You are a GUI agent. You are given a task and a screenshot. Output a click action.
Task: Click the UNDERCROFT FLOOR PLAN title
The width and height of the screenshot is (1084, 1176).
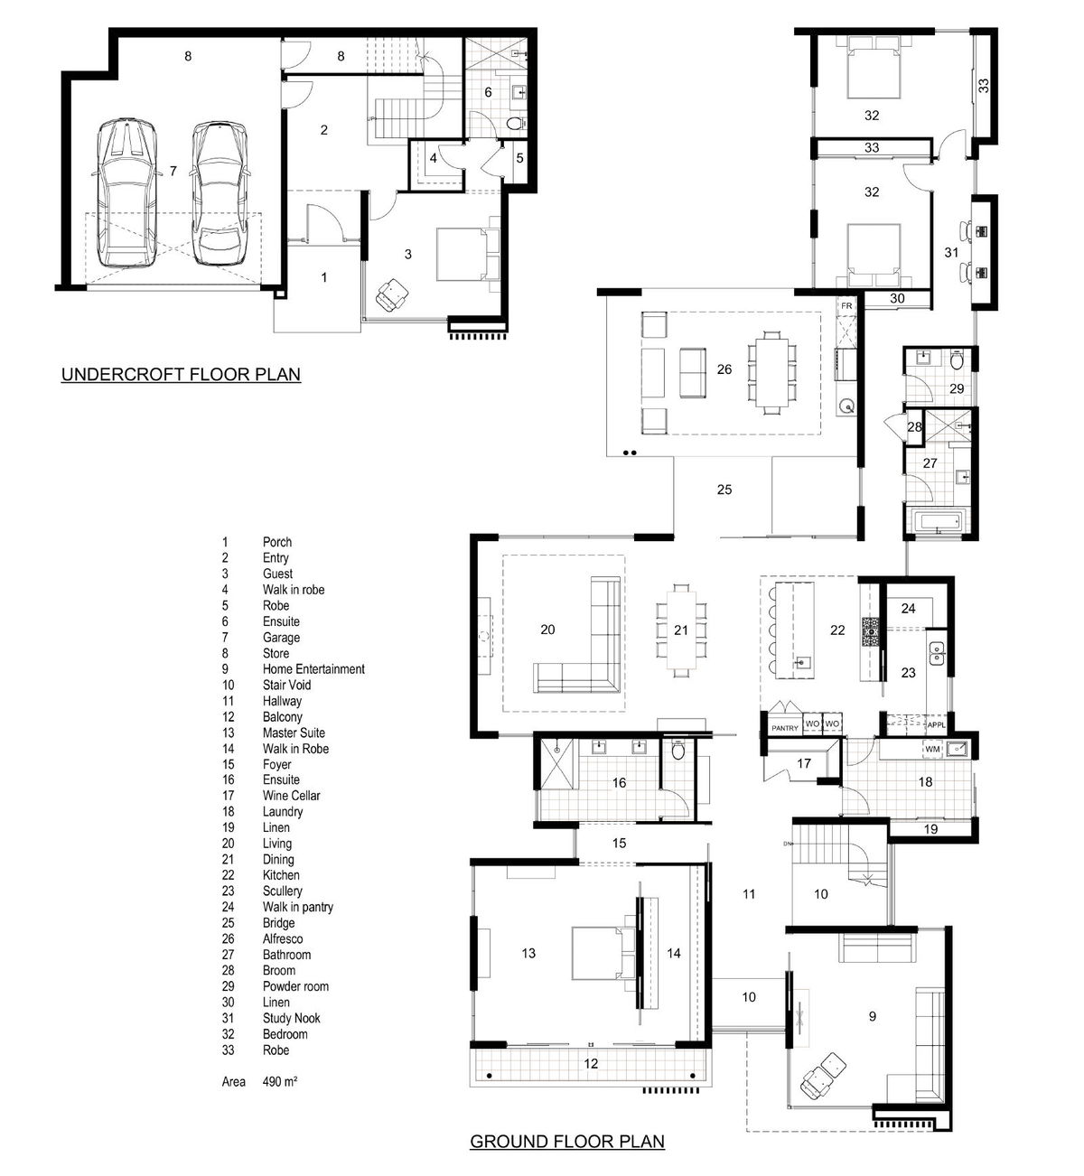tap(180, 374)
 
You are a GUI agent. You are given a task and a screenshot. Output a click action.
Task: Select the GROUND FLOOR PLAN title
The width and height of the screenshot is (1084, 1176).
tap(567, 1141)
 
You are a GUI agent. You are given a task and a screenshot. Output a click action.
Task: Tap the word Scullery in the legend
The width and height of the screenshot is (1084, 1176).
tap(282, 891)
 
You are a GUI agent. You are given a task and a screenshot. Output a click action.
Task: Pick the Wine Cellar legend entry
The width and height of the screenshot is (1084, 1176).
tap(291, 796)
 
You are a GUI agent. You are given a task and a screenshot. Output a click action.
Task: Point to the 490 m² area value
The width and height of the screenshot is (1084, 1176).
tap(280, 1080)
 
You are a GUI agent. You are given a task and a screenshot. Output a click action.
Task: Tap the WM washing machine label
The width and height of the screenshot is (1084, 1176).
tap(931, 749)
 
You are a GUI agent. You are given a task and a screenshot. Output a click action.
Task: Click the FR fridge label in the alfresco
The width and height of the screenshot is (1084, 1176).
tap(846, 306)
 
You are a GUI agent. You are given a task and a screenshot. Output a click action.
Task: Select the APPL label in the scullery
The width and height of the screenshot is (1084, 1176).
tap(935, 724)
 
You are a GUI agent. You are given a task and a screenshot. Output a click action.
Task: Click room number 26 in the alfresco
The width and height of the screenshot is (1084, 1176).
tap(724, 369)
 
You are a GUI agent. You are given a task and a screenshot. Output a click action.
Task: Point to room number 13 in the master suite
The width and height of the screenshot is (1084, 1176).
tap(528, 953)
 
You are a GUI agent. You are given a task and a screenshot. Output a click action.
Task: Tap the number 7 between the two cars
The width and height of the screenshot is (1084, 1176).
tap(173, 170)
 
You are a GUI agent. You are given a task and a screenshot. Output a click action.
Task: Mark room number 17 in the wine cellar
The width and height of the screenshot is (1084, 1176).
tap(804, 763)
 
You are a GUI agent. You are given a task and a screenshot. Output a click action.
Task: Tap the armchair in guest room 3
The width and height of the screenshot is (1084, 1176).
tap(392, 294)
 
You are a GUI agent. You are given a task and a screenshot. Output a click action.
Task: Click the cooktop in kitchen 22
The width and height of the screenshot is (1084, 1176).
tap(873, 631)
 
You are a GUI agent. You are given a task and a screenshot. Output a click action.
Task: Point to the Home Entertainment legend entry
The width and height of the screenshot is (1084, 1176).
tap(313, 669)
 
